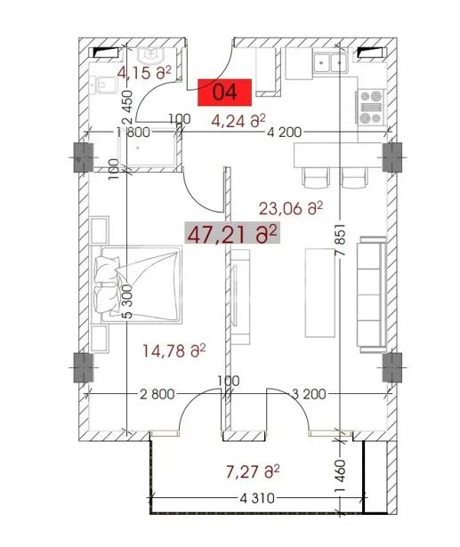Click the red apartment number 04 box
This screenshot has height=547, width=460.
pos(225,93)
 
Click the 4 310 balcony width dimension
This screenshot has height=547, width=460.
pos(257,498)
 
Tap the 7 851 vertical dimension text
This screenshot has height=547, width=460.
pos(340,239)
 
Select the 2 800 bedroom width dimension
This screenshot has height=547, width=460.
pos(157,394)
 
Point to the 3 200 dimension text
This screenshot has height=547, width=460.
pos(309,394)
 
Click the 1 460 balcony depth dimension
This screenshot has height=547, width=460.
pos(340,476)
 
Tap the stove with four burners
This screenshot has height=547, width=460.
pos(371,107)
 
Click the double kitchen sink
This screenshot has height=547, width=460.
pos(330,62)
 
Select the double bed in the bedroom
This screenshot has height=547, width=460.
pos(136,285)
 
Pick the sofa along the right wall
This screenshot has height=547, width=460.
pos(372,294)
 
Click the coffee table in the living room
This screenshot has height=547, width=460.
pos(320,293)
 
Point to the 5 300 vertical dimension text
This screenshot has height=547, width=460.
pos(128,302)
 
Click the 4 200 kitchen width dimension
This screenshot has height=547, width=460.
pos(285,133)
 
